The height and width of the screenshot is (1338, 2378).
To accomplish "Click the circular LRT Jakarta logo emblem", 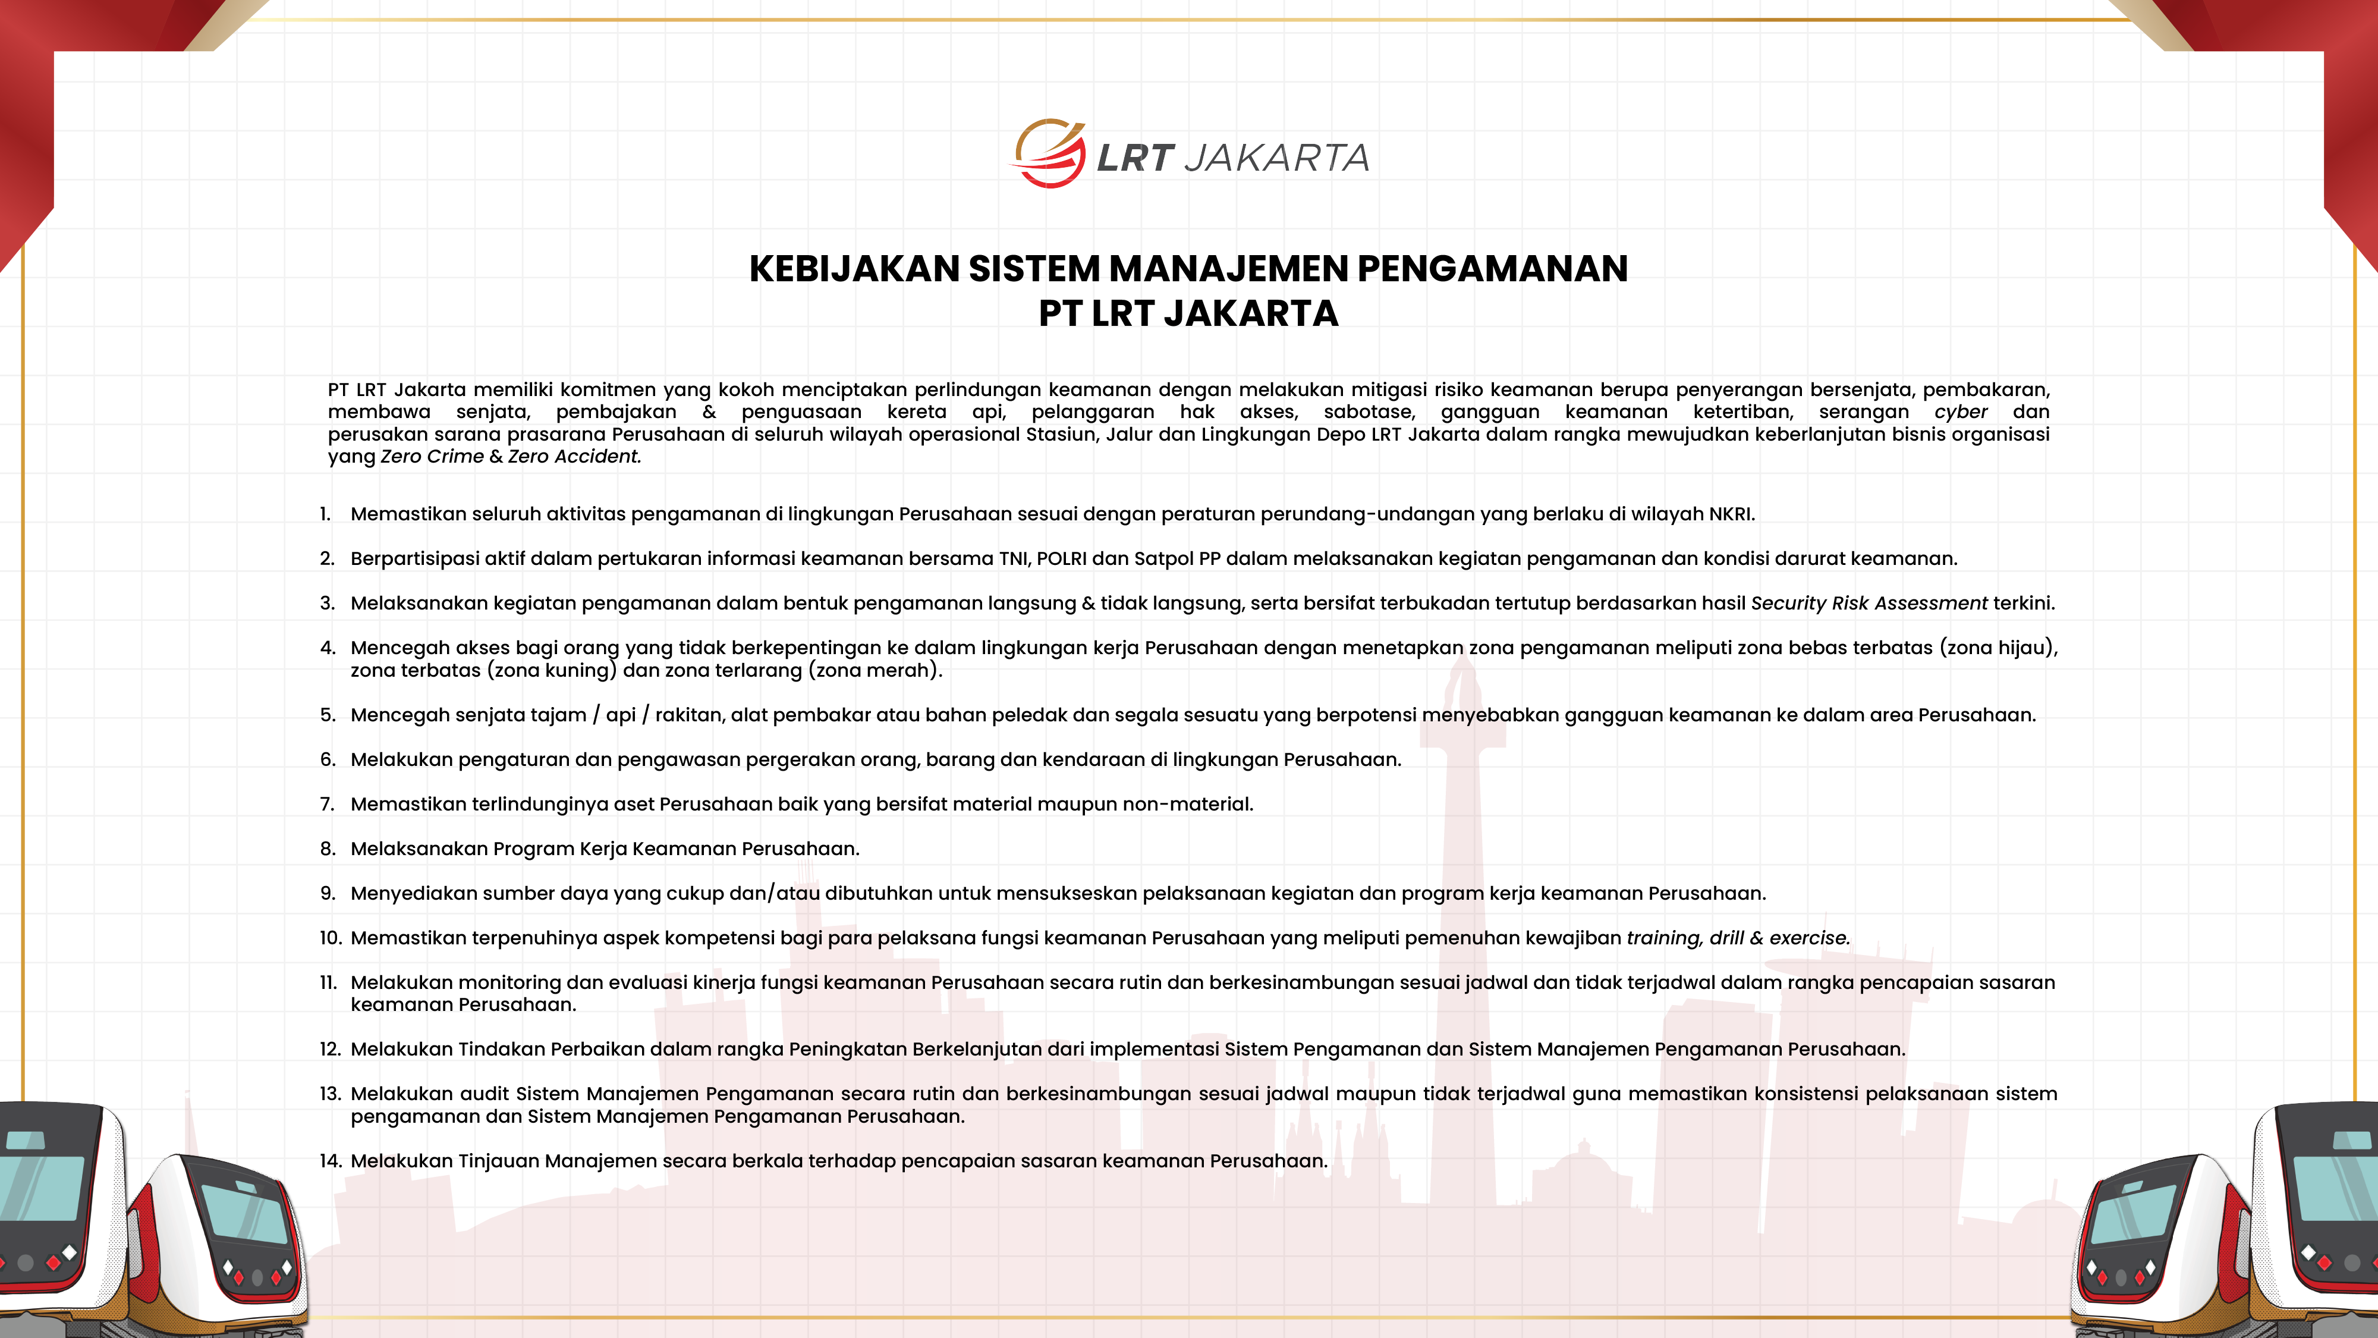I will tap(1050, 154).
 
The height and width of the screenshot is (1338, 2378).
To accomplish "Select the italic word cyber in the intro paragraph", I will tap(1961, 412).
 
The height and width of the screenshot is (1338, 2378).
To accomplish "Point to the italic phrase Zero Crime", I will tap(431, 456).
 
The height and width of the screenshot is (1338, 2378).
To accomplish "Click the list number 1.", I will tap(325, 514).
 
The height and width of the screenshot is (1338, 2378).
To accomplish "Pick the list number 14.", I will tap(329, 1161).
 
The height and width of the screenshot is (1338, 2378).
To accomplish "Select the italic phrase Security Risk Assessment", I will tap(1869, 603).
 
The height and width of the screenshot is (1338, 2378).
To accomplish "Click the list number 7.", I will tap(327, 804).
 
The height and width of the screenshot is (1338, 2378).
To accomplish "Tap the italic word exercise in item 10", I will tap(1808, 938).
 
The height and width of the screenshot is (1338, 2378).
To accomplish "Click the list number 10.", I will tap(329, 938).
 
